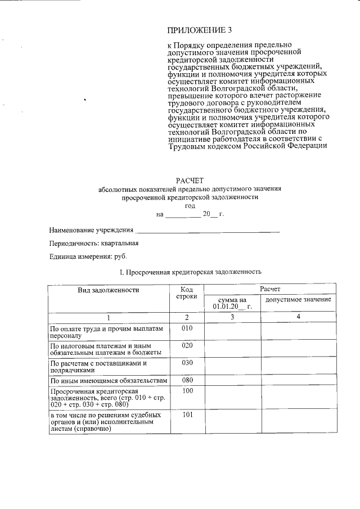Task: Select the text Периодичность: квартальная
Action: pos(93,244)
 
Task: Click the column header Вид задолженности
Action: pos(108,290)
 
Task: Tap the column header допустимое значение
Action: pos(298,299)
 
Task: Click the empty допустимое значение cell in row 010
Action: pos(298,332)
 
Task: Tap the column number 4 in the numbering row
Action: pos(298,317)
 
